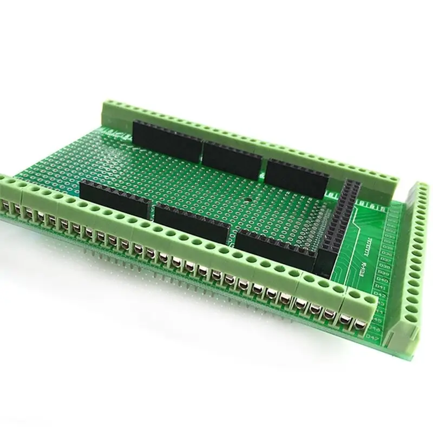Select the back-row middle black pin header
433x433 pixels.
click(233, 157)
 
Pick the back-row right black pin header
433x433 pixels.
click(297, 177)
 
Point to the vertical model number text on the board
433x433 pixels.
click(364, 269)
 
